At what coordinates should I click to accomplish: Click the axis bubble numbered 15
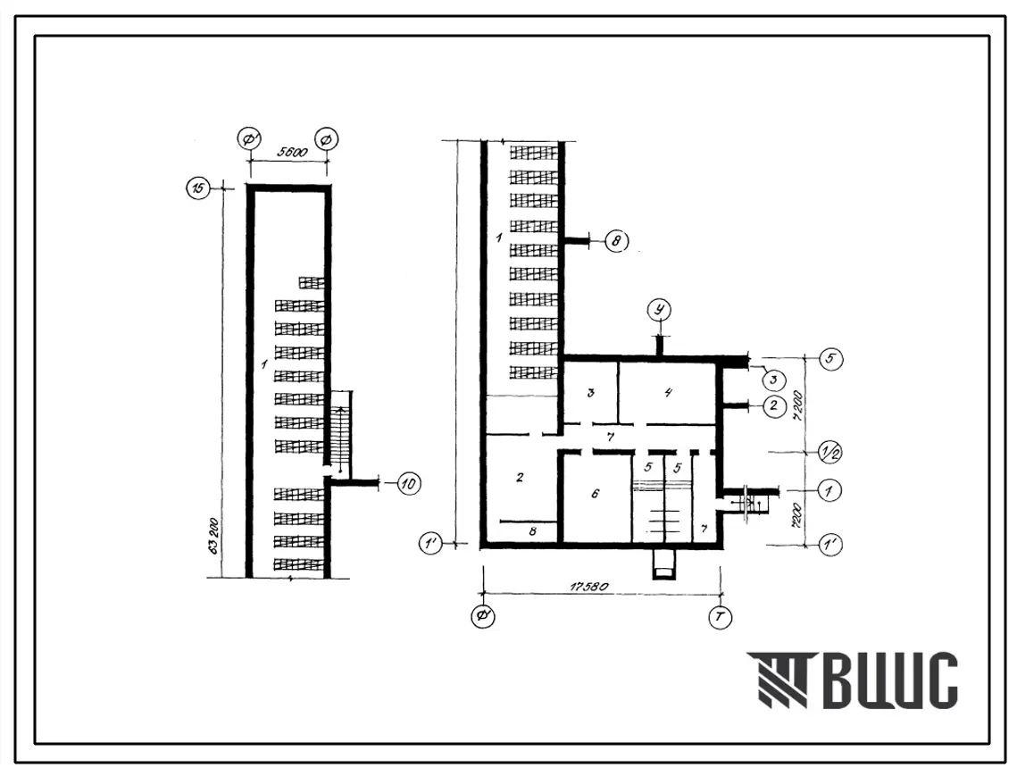(198, 188)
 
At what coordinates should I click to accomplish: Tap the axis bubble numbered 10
(408, 483)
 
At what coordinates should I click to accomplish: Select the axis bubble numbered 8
(616, 241)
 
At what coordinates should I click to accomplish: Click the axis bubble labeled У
(660, 310)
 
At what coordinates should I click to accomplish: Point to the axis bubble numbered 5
(831, 358)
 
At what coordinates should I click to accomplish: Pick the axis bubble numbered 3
(773, 380)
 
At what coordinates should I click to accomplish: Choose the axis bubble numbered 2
(772, 406)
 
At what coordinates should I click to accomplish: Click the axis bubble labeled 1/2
(829, 452)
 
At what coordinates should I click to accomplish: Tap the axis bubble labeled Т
(720, 617)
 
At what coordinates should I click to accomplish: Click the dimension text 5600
(292, 153)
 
